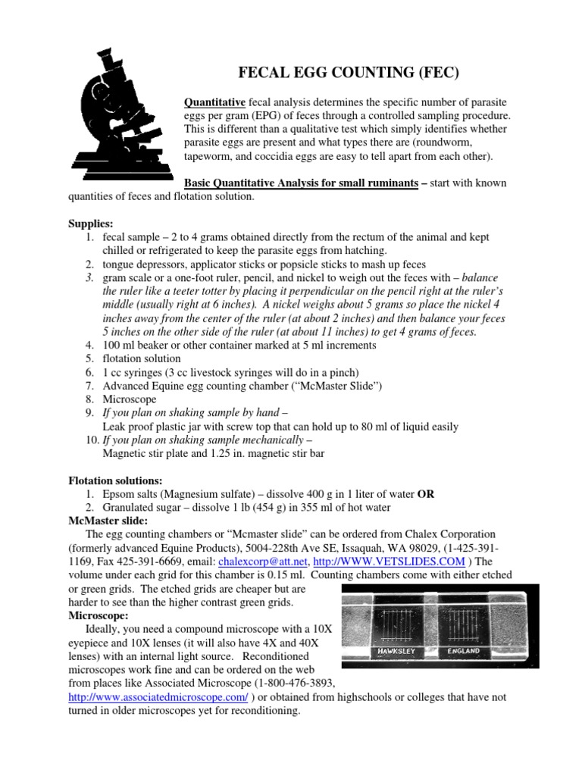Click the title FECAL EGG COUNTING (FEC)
(x=349, y=73)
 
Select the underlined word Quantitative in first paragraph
(x=215, y=102)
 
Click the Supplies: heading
(x=90, y=225)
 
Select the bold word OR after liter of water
(x=426, y=494)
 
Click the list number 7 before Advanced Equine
(x=89, y=386)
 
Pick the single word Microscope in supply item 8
(x=130, y=399)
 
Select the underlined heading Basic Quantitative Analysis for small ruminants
(x=302, y=184)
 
